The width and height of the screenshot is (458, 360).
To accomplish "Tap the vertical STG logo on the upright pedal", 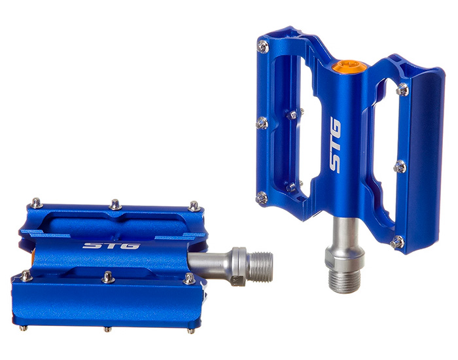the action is [x=335, y=145].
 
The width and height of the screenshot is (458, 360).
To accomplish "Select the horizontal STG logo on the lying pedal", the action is [x=111, y=245].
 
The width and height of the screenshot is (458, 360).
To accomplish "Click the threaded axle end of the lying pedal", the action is [x=262, y=267].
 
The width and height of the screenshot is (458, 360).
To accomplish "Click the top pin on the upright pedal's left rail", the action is [x=264, y=46].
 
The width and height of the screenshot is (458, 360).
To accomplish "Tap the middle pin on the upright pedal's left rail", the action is [x=262, y=123].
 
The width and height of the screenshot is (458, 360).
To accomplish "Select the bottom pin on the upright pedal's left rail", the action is [x=262, y=198].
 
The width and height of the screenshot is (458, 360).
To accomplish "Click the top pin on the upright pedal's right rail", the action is [x=402, y=90].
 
